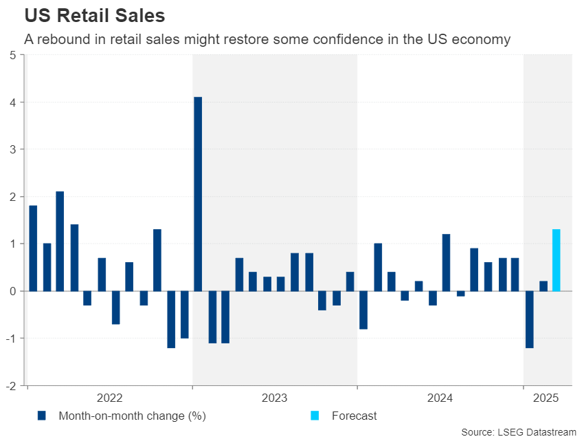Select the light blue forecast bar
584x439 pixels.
pyautogui.click(x=556, y=260)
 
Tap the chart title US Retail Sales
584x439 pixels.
pyautogui.click(x=95, y=14)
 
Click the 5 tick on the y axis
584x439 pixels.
pyautogui.click(x=13, y=55)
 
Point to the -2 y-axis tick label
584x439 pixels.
pyautogui.click(x=11, y=385)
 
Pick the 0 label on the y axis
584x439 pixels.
pyautogui.click(x=13, y=291)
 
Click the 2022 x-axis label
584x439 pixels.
pyautogui.click(x=110, y=398)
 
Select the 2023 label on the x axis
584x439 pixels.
pyautogui.click(x=275, y=398)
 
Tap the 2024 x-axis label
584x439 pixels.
pyautogui.click(x=440, y=398)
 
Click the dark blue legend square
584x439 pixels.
pyautogui.click(x=41, y=416)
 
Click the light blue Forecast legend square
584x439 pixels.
pyautogui.click(x=315, y=416)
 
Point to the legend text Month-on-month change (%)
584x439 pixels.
pyautogui.click(x=132, y=416)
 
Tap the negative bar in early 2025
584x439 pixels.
pyautogui.click(x=529, y=319)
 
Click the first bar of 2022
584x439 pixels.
pyautogui.click(x=33, y=248)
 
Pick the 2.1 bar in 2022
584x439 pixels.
pyautogui.click(x=60, y=241)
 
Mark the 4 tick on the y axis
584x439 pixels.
pyautogui.click(x=13, y=103)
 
